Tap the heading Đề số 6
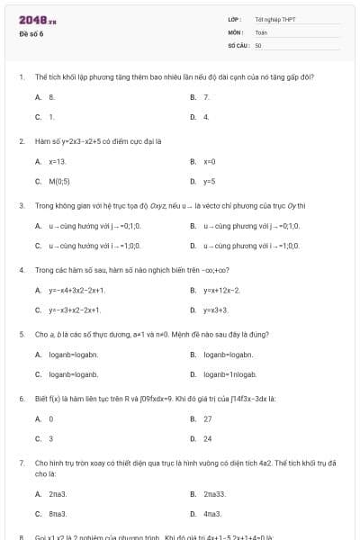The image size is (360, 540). click(31, 33)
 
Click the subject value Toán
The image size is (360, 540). click(261, 31)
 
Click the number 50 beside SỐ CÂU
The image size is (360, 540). click(258, 43)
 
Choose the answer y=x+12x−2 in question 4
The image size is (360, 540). click(221, 290)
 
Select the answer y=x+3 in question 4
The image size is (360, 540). click(215, 310)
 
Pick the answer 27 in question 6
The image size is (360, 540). click(208, 418)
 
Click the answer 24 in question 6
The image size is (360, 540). click(208, 438)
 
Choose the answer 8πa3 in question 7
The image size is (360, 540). click(58, 514)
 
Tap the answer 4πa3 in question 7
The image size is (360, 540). click(212, 514)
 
